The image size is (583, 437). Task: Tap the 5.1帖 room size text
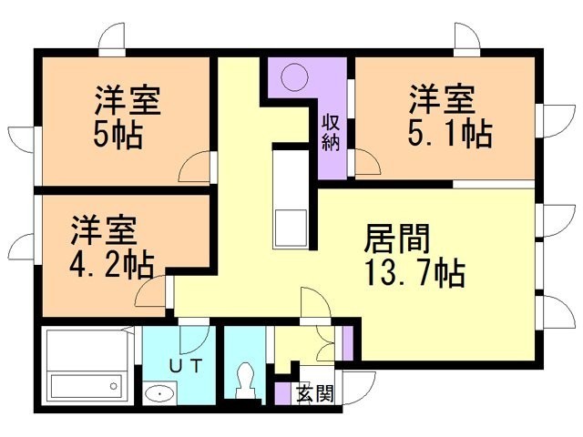click(x=450, y=133)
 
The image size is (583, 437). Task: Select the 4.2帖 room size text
click(x=111, y=265)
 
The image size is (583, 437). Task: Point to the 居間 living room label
click(x=396, y=239)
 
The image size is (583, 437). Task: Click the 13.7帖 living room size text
click(x=415, y=273)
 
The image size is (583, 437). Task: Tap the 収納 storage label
click(x=331, y=132)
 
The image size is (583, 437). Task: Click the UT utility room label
click(x=186, y=365)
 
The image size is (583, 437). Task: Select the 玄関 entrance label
click(x=315, y=394)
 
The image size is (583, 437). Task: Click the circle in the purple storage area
click(x=295, y=77)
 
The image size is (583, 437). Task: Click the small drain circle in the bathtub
click(x=113, y=386)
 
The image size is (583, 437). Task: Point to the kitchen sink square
click(x=291, y=229)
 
